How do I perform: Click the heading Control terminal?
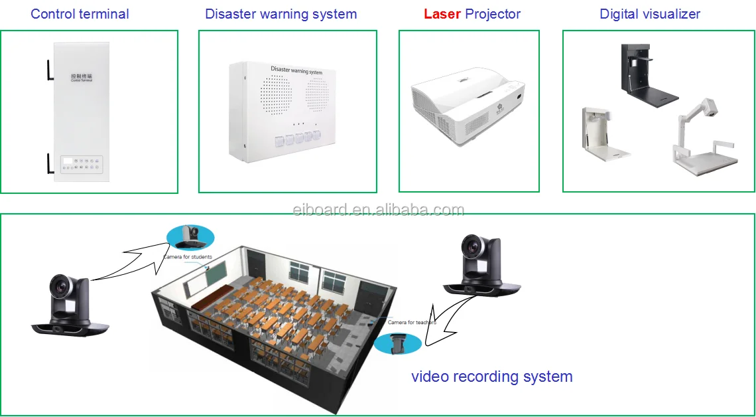pyautogui.click(x=80, y=14)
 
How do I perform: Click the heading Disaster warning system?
pyautogui.click(x=281, y=14)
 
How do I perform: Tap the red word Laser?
pyautogui.click(x=442, y=14)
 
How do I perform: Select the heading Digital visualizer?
pyautogui.click(x=650, y=14)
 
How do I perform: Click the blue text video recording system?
pyautogui.click(x=491, y=376)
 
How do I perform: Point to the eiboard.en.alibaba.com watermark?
pyautogui.click(x=378, y=210)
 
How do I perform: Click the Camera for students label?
pyautogui.click(x=188, y=257)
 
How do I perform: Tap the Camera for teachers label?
pyautogui.click(x=412, y=323)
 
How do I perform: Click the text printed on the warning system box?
pyautogui.click(x=296, y=70)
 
